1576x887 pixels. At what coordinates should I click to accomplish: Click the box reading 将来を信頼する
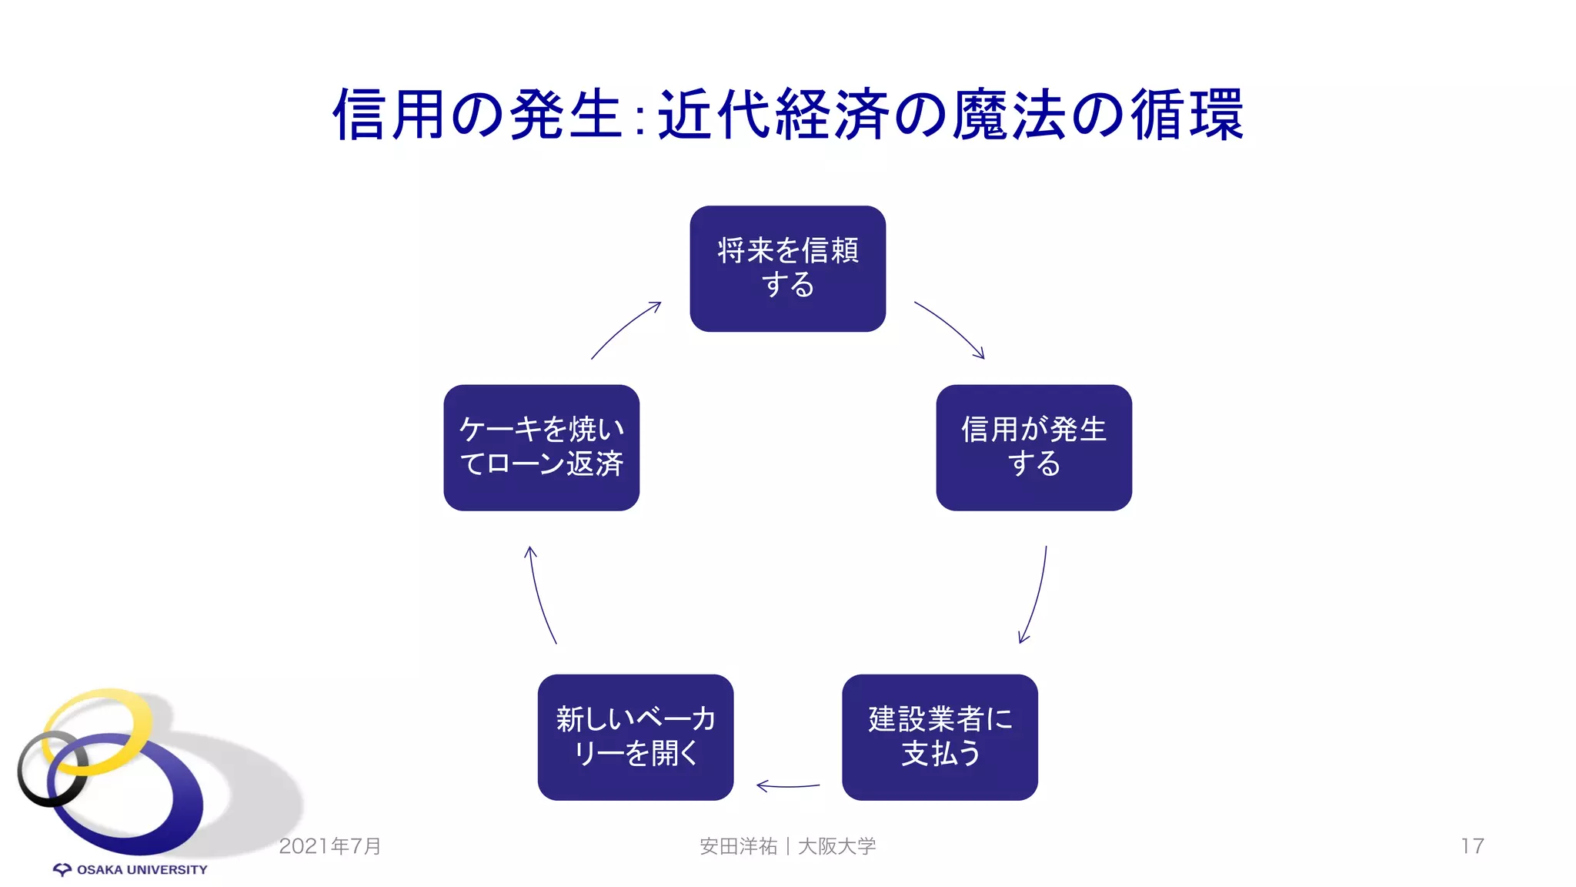[787, 268]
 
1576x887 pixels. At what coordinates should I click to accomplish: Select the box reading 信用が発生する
[1033, 447]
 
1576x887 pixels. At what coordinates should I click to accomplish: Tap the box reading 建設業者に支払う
[940, 737]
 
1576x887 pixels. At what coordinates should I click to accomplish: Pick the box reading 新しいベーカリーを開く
[635, 737]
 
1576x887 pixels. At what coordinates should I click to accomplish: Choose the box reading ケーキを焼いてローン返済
[541, 447]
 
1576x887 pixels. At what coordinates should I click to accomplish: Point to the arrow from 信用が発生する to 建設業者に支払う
[1036, 597]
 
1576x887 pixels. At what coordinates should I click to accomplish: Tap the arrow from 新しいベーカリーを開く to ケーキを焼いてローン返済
[539, 594]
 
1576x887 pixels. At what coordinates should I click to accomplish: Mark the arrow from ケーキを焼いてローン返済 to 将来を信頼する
[625, 330]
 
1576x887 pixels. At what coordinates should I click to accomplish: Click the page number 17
[1471, 845]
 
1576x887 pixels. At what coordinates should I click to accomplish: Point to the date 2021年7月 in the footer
[330, 845]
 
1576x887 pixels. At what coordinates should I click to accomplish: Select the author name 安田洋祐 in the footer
[738, 845]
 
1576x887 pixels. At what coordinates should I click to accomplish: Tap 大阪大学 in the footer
[836, 845]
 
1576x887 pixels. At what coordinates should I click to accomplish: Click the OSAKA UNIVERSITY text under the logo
[142, 869]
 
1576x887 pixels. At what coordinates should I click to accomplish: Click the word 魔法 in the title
[1010, 115]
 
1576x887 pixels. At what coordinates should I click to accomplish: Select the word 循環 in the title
[1187, 115]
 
